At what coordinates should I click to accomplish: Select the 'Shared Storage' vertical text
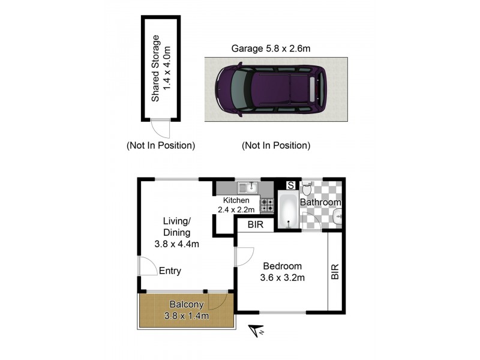click(x=156, y=68)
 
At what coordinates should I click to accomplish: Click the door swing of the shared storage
click(x=160, y=128)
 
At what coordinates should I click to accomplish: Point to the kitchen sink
click(x=247, y=188)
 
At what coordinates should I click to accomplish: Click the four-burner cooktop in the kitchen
click(x=267, y=205)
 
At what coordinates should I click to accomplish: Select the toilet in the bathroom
click(x=307, y=190)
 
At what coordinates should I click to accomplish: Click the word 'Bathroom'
click(x=320, y=203)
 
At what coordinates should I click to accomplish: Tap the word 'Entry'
click(x=170, y=271)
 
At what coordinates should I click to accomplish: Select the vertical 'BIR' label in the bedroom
click(x=335, y=272)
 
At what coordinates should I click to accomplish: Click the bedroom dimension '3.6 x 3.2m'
click(x=282, y=277)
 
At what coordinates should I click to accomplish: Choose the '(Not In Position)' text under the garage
click(x=275, y=145)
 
